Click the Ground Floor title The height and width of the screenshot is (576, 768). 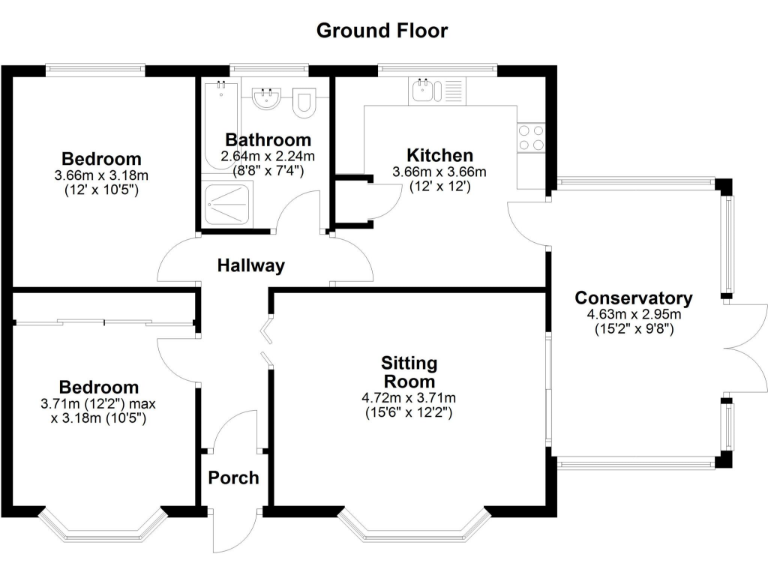[382, 30]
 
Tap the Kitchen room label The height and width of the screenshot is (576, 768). [439, 156]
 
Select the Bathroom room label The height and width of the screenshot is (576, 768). [267, 140]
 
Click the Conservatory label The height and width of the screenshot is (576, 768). [633, 298]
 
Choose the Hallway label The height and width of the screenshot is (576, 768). [252, 266]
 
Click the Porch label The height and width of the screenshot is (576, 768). [233, 478]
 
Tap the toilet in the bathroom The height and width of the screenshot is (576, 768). [306, 98]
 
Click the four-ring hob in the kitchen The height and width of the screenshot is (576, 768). [531, 138]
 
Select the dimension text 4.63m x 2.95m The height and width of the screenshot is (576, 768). [633, 314]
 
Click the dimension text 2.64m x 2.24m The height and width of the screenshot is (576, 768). [267, 156]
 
